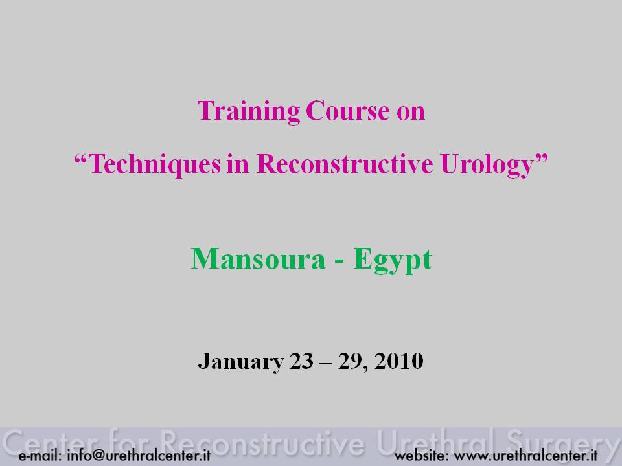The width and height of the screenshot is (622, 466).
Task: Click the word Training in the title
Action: pos(248,111)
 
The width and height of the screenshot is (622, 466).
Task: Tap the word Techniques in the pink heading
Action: pos(155,164)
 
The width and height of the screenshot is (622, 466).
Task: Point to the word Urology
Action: pos(487,164)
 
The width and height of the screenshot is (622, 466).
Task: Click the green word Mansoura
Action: pos(259,259)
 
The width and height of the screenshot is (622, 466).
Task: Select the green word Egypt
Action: pos(393,261)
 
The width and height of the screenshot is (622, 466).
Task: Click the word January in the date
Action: pos(241,362)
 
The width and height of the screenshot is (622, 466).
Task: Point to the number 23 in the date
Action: pos(301,361)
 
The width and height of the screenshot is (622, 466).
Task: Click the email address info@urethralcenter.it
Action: pos(139,455)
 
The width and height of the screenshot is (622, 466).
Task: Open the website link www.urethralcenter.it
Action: pos(525,456)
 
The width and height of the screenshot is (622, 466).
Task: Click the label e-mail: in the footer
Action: pos(40,456)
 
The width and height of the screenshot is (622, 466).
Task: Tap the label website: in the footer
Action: pos(421,456)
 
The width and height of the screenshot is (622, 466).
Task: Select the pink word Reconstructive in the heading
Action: pos(345,163)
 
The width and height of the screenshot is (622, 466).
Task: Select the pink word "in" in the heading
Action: pos(238,163)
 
